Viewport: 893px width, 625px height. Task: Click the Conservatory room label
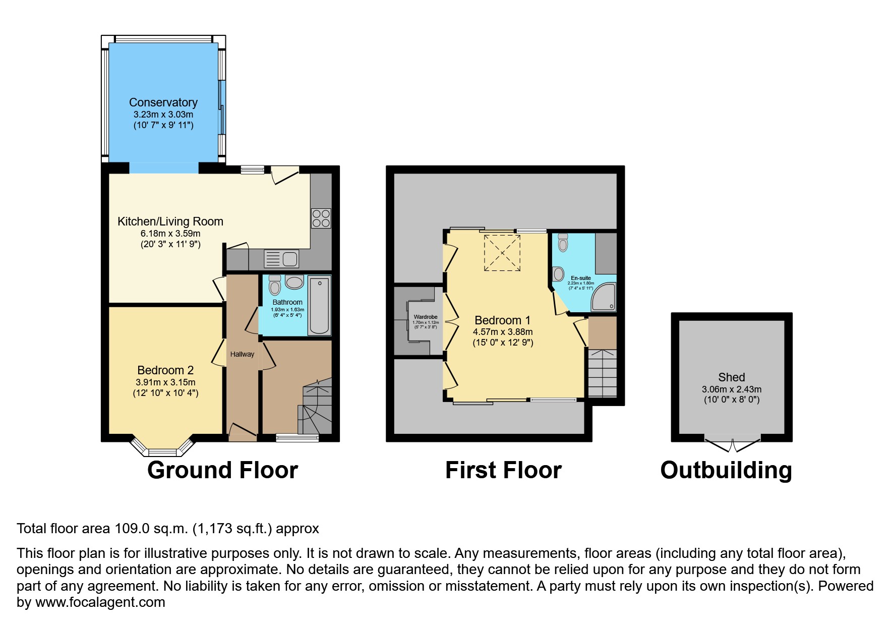[163, 102]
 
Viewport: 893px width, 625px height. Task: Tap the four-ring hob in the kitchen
[321, 218]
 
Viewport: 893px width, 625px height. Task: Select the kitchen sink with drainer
[281, 259]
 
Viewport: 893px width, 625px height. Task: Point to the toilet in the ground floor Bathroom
[275, 285]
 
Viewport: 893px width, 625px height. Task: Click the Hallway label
[242, 354]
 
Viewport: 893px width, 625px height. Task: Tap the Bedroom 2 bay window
[162, 448]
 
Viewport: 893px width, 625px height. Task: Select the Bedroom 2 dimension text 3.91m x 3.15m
[165, 382]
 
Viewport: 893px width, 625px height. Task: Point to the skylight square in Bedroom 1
[502, 253]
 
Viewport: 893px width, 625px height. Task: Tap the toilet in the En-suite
[563, 243]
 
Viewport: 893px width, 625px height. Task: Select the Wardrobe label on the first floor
[425, 317]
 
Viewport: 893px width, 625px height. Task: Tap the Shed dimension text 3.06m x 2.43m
[731, 389]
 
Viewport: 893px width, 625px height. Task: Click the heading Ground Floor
[222, 470]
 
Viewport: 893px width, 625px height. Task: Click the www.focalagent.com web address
[100, 602]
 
